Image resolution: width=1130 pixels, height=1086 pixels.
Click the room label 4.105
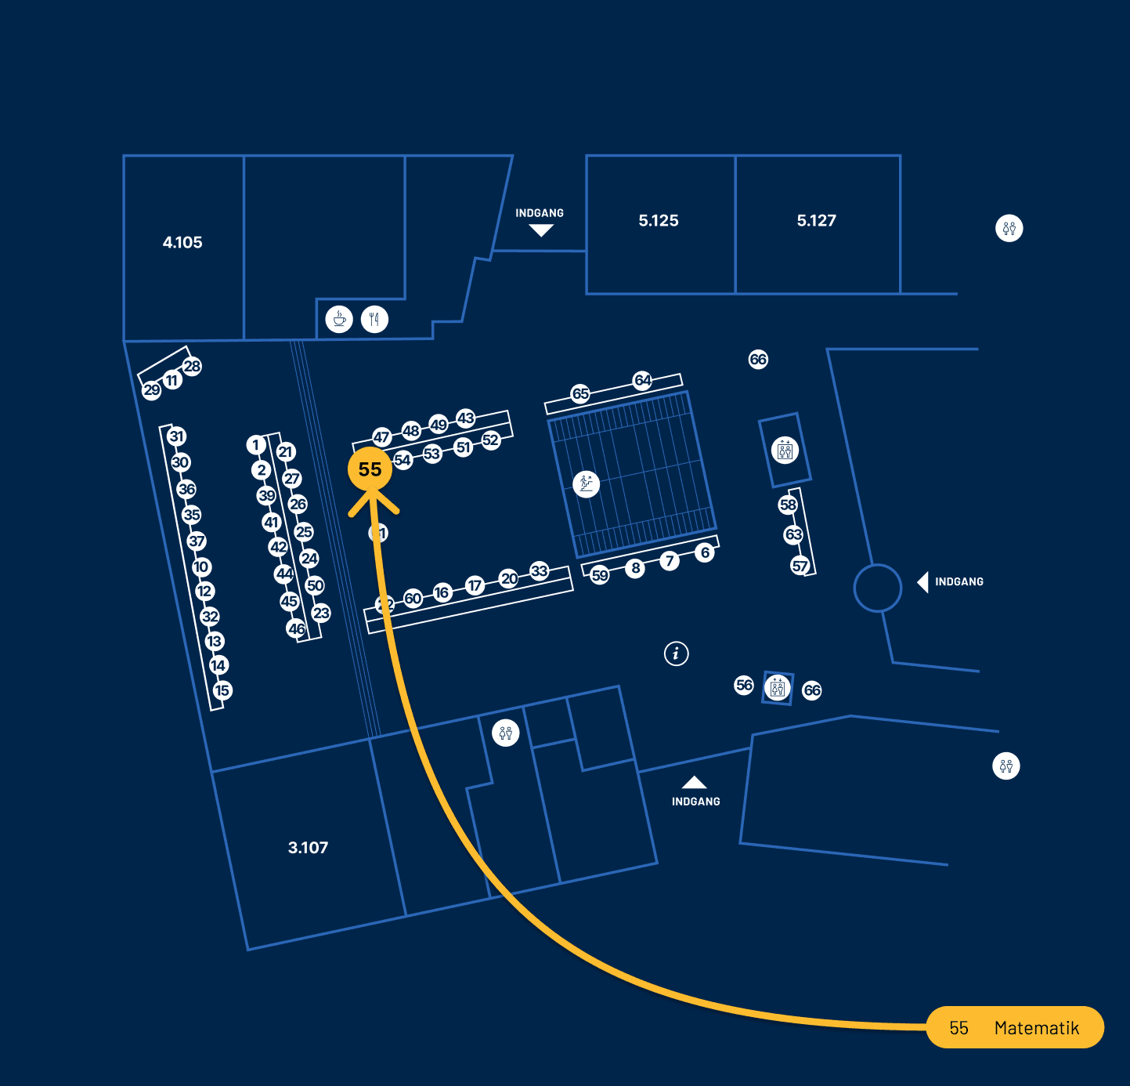[182, 243]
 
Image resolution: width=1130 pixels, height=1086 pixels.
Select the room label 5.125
[659, 221]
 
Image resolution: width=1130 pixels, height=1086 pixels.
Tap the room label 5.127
[817, 221]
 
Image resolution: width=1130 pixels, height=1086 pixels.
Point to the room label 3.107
[308, 848]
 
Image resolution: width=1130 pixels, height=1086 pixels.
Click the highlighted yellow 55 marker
[370, 469]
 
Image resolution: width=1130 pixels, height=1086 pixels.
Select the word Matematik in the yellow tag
[1036, 1028]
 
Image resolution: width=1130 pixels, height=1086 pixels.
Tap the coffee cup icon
[339, 320]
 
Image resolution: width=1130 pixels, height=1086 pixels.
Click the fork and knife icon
[375, 320]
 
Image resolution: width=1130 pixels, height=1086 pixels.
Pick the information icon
[677, 653]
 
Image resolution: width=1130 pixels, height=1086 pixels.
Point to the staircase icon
[586, 483]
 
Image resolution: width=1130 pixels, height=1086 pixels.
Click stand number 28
[192, 366]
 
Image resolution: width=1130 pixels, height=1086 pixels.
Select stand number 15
[222, 690]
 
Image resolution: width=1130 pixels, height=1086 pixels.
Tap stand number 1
[255, 445]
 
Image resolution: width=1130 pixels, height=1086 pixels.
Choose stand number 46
[296, 628]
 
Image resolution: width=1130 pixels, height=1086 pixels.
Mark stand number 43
[466, 418]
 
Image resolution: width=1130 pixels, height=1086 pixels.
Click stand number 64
[643, 380]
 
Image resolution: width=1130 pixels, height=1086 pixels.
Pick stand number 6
[705, 552]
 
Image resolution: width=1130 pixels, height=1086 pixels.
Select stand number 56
[744, 685]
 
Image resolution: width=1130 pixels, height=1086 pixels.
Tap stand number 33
[540, 570]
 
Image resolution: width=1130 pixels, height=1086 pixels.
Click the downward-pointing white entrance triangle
[540, 230]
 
